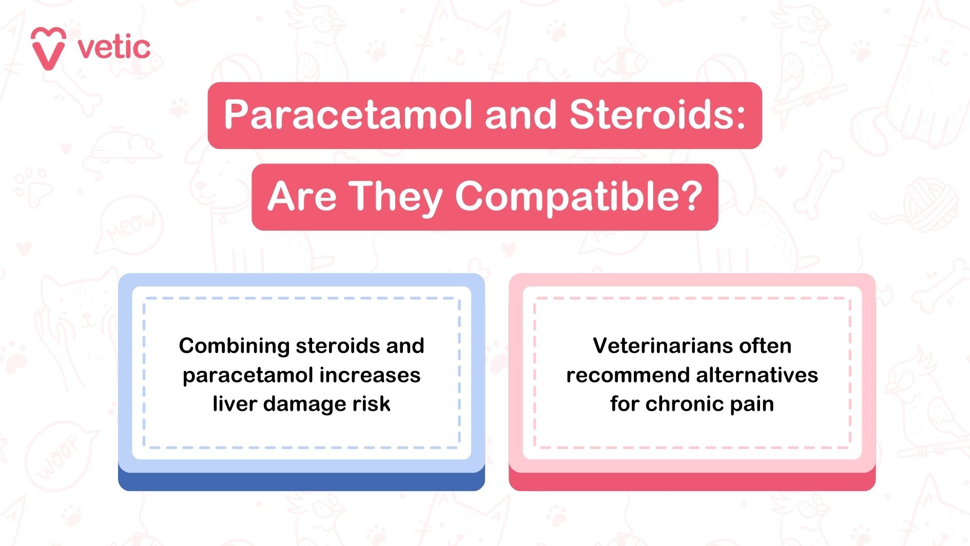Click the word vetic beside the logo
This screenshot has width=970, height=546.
[x=114, y=48]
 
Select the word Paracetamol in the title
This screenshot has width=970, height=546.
[x=347, y=115]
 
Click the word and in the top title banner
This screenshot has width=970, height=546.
[x=520, y=115]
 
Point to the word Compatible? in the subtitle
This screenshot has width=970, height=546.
[x=578, y=197]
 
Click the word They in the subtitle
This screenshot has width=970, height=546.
[x=396, y=197]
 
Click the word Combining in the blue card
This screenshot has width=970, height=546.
[x=234, y=346]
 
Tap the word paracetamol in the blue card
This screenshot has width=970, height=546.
[x=248, y=375]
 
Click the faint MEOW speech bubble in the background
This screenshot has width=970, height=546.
[x=131, y=226]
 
